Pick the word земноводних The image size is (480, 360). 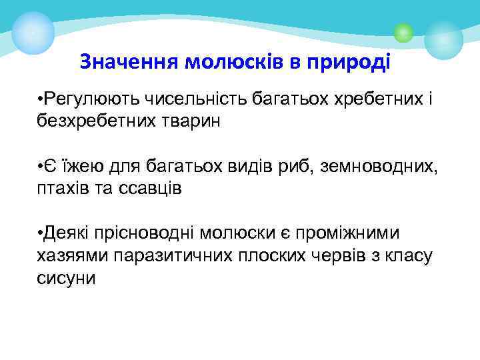(373, 166)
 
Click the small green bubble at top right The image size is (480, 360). (403, 32)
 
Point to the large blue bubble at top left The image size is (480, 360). (33, 32)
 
